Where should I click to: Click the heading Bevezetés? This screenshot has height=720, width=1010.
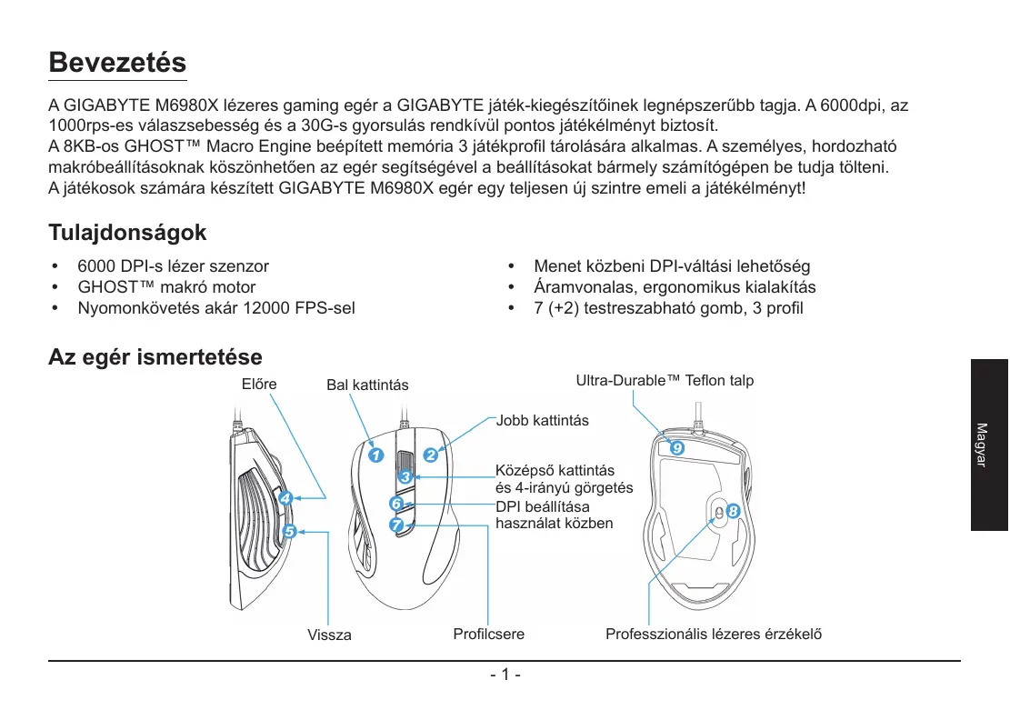pyautogui.click(x=117, y=64)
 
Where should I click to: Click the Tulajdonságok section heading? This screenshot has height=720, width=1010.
pyautogui.click(x=127, y=233)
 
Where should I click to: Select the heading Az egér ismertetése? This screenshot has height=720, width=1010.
pyautogui.click(x=155, y=357)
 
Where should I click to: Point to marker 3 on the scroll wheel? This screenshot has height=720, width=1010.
pyautogui.click(x=405, y=476)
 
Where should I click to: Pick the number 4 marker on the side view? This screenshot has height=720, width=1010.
pyautogui.click(x=285, y=497)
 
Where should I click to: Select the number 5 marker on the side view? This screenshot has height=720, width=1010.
pyautogui.click(x=290, y=531)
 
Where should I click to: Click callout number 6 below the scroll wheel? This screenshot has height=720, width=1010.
pyautogui.click(x=396, y=503)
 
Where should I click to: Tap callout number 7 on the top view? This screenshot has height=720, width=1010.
pyautogui.click(x=396, y=525)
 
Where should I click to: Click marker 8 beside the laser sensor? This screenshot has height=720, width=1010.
pyautogui.click(x=734, y=513)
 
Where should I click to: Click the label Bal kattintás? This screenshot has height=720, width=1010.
pyautogui.click(x=367, y=385)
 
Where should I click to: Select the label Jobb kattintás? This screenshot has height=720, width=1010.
pyautogui.click(x=542, y=421)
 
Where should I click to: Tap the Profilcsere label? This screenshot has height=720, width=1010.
pyautogui.click(x=488, y=634)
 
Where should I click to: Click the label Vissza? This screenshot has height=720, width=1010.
pyautogui.click(x=329, y=635)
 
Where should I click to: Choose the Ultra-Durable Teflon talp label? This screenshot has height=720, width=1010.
pyautogui.click(x=665, y=380)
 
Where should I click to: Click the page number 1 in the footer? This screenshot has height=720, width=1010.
pyautogui.click(x=505, y=675)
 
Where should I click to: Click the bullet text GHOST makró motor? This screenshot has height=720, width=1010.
pyautogui.click(x=166, y=287)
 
